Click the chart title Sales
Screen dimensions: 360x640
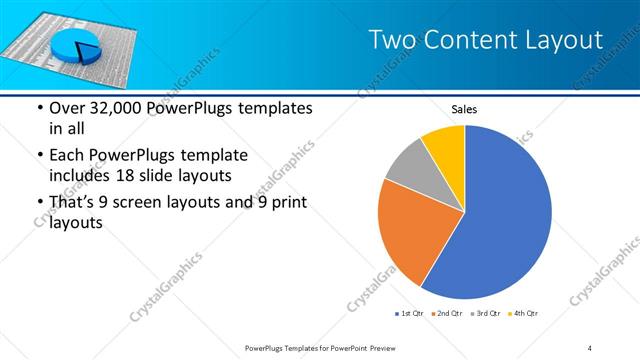pyautogui.click(x=464, y=108)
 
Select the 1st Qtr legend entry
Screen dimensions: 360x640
pyautogui.click(x=410, y=315)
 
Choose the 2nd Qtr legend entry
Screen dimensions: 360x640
pyautogui.click(x=447, y=315)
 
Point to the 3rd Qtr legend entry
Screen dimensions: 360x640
pyautogui.click(x=485, y=315)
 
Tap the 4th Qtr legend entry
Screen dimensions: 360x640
pyautogui.click(x=523, y=315)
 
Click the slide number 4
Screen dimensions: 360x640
pyautogui.click(x=589, y=347)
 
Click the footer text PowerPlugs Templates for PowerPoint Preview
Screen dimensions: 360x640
pyautogui.click(x=320, y=347)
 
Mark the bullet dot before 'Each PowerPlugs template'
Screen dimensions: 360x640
pyautogui.click(x=39, y=155)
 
